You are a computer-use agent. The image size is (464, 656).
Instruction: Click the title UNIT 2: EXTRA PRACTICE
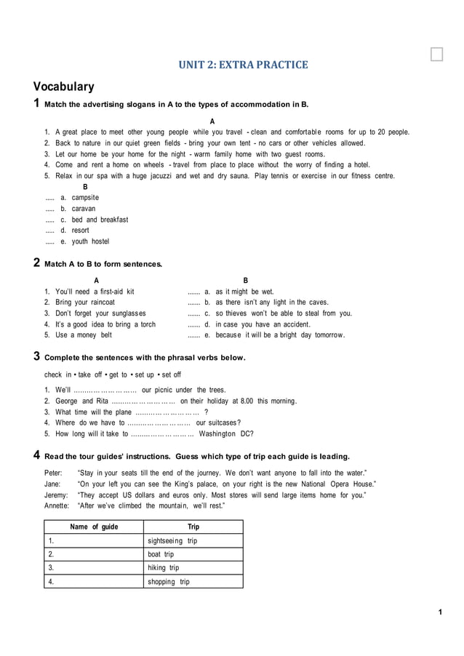pyautogui.click(x=243, y=65)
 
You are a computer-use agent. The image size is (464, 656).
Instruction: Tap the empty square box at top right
pyautogui.click(x=436, y=55)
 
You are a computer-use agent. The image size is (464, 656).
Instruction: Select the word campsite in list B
pyautogui.click(x=85, y=198)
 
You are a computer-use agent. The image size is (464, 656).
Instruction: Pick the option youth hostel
pyautogui.click(x=90, y=241)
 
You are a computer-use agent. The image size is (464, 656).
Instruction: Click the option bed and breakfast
pyautogui.click(x=100, y=220)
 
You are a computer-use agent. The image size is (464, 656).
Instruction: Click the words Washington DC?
pyautogui.click(x=226, y=433)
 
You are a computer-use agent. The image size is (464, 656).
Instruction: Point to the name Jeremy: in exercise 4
pyautogui.click(x=57, y=495)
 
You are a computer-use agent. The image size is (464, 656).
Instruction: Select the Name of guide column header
pyautogui.click(x=94, y=527)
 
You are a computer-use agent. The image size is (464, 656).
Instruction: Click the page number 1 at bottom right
pyautogui.click(x=440, y=612)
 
